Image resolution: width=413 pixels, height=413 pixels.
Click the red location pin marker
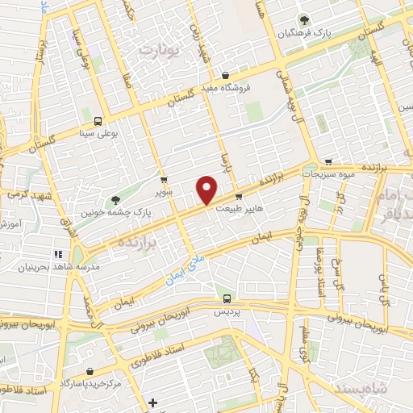pos(207,190)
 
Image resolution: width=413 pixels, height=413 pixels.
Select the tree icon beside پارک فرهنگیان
pos(303,20)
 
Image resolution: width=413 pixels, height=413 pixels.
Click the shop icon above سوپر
pos(165,181)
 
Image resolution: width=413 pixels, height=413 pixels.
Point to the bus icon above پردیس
pos(226,298)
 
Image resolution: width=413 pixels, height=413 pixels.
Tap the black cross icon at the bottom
pos(152,402)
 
